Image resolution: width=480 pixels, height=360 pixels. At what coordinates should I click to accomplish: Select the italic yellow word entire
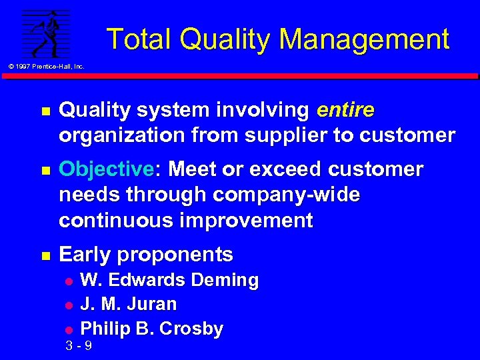point(346,110)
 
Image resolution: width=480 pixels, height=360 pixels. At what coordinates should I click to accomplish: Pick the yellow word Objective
point(106,170)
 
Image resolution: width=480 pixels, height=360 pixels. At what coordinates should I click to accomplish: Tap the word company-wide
point(287,195)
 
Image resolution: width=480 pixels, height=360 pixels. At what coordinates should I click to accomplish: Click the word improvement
point(246,221)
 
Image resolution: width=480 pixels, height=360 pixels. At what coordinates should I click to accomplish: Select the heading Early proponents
point(146,255)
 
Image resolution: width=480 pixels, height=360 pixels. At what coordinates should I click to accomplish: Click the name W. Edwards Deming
point(169,281)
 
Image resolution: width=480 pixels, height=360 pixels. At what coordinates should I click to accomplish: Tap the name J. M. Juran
point(129,305)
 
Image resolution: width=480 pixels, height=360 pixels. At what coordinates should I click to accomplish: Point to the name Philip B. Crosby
point(152,329)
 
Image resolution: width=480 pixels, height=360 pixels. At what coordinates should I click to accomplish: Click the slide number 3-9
point(79,346)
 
